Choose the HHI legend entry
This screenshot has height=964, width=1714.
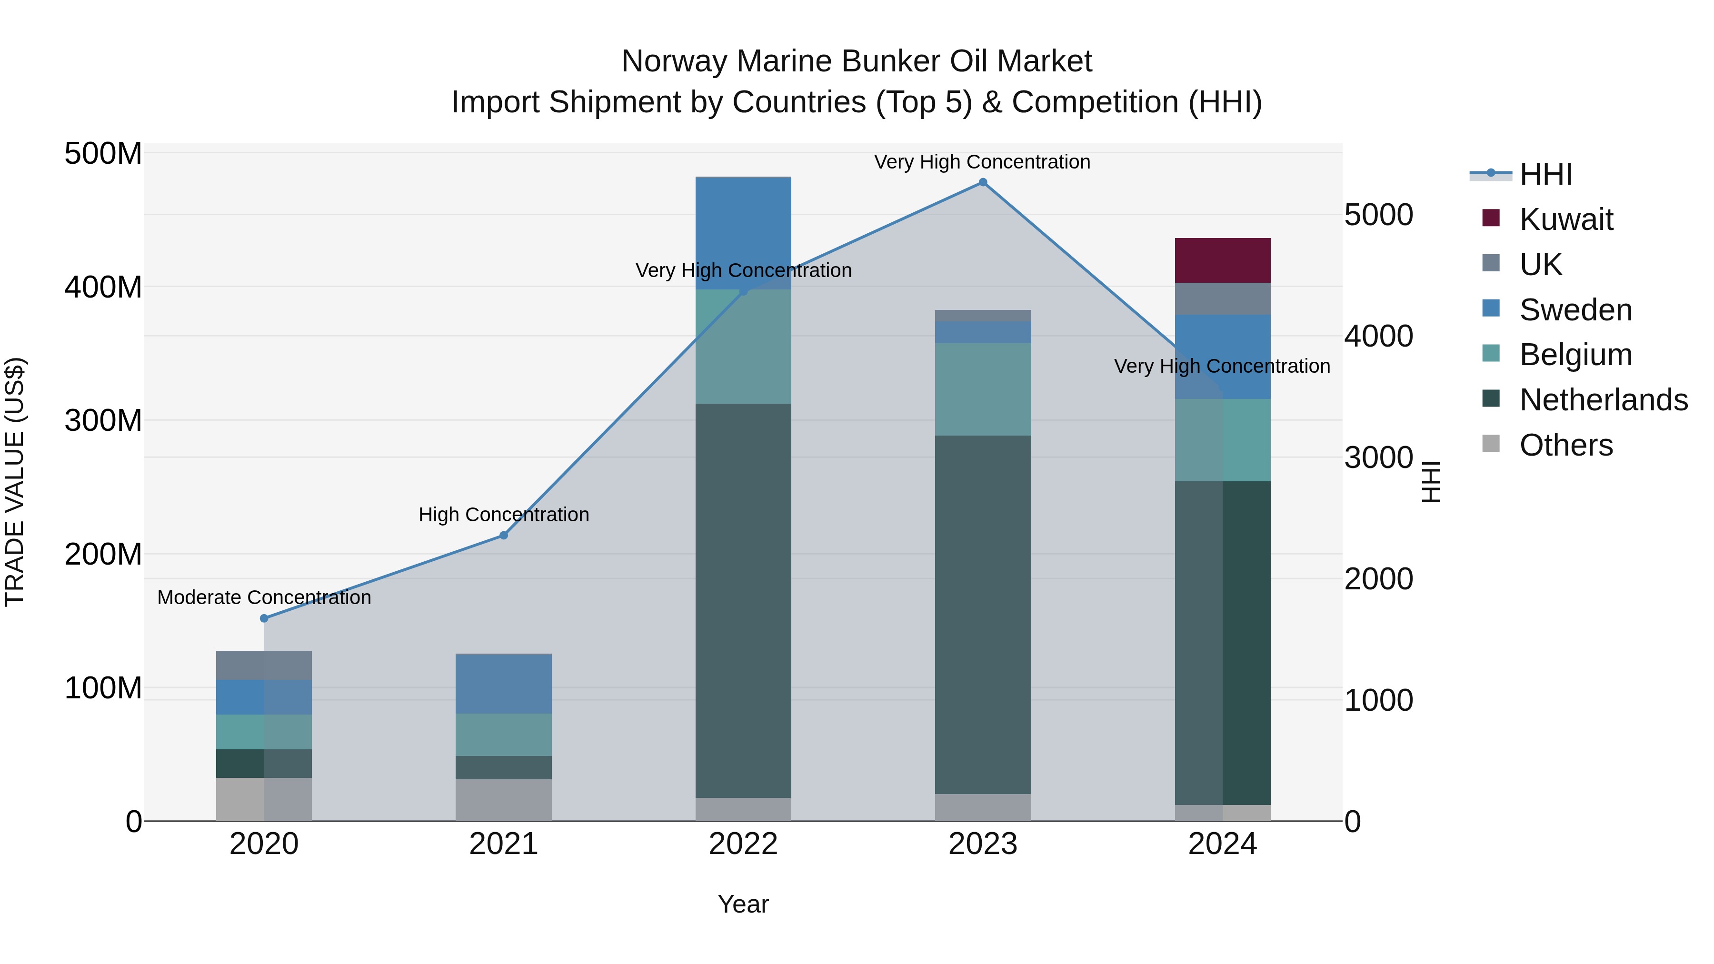tap(1545, 174)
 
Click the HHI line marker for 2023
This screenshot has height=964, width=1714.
tap(983, 182)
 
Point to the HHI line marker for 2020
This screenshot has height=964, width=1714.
tap(264, 618)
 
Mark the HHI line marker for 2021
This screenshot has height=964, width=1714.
tap(504, 536)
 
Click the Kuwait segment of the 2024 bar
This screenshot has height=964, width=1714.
tap(1222, 260)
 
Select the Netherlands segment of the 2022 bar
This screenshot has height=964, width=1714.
tap(743, 599)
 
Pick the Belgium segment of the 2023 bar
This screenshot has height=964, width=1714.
tap(983, 389)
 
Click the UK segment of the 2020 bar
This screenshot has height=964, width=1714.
tap(264, 665)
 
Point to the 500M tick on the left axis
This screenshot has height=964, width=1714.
tap(103, 154)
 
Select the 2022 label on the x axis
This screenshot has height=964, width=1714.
tap(743, 844)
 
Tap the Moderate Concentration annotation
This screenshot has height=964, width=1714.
tap(264, 597)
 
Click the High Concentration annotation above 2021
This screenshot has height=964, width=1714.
tap(504, 514)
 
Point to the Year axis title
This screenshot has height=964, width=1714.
tap(743, 904)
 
